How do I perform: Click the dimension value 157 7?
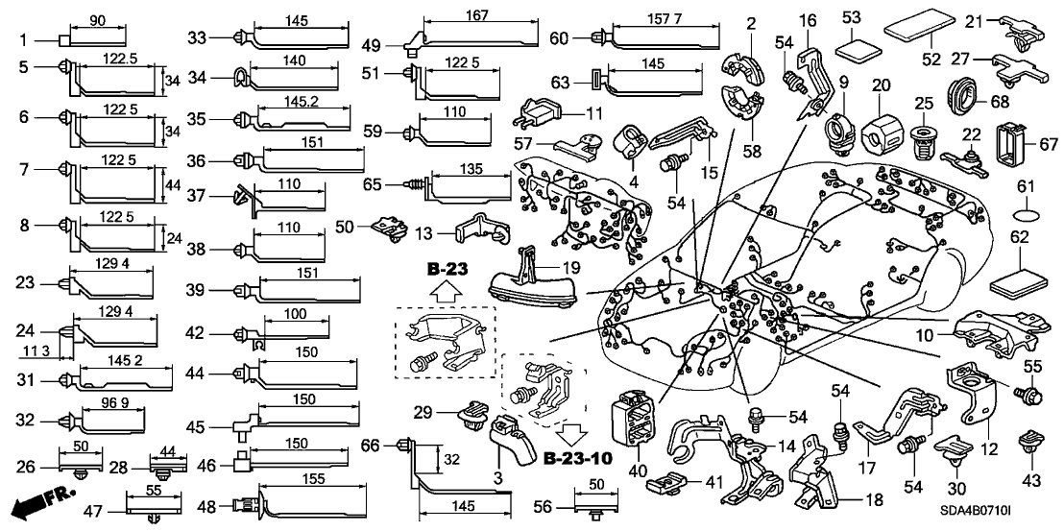click(662, 18)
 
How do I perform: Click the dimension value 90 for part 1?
click(98, 20)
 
